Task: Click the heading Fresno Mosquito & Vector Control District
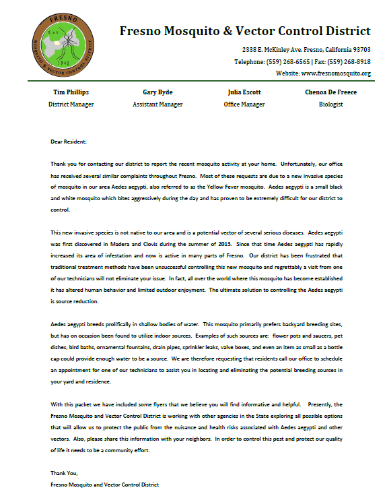pos(245,30)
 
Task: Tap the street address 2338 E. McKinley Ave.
pos(279,50)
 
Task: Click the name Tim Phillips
pos(71,92)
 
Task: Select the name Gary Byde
pos(159,92)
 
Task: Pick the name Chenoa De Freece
pos(331,92)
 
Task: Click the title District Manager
pos(71,104)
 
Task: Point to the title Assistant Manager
pos(159,104)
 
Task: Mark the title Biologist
pos(331,104)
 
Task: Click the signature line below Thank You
pos(104,484)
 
